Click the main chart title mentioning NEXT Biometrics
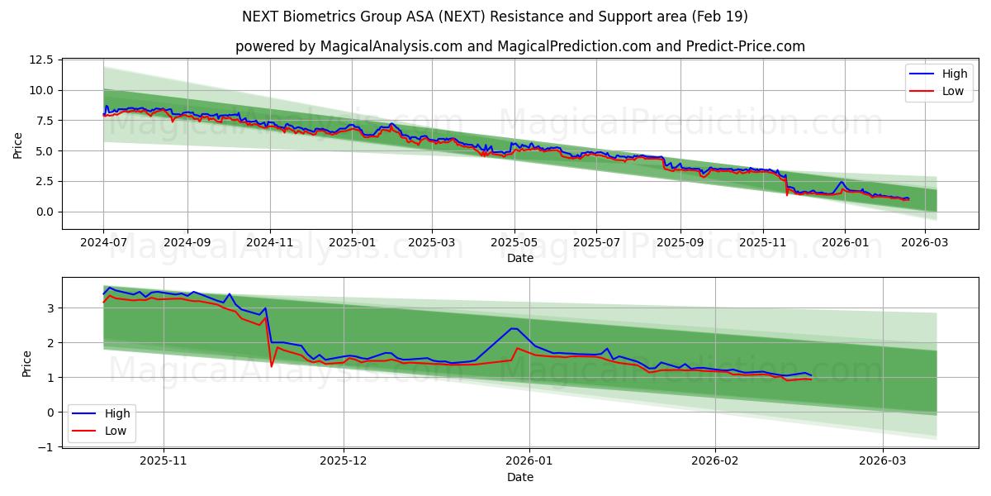495,17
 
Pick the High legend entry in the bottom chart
102,413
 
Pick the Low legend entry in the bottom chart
102,430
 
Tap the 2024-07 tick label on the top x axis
103,243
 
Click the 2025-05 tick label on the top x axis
514,243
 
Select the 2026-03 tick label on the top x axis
924,243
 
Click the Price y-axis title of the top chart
18,145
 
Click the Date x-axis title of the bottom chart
520,477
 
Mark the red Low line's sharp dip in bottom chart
272,365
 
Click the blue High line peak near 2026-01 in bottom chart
514,328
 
